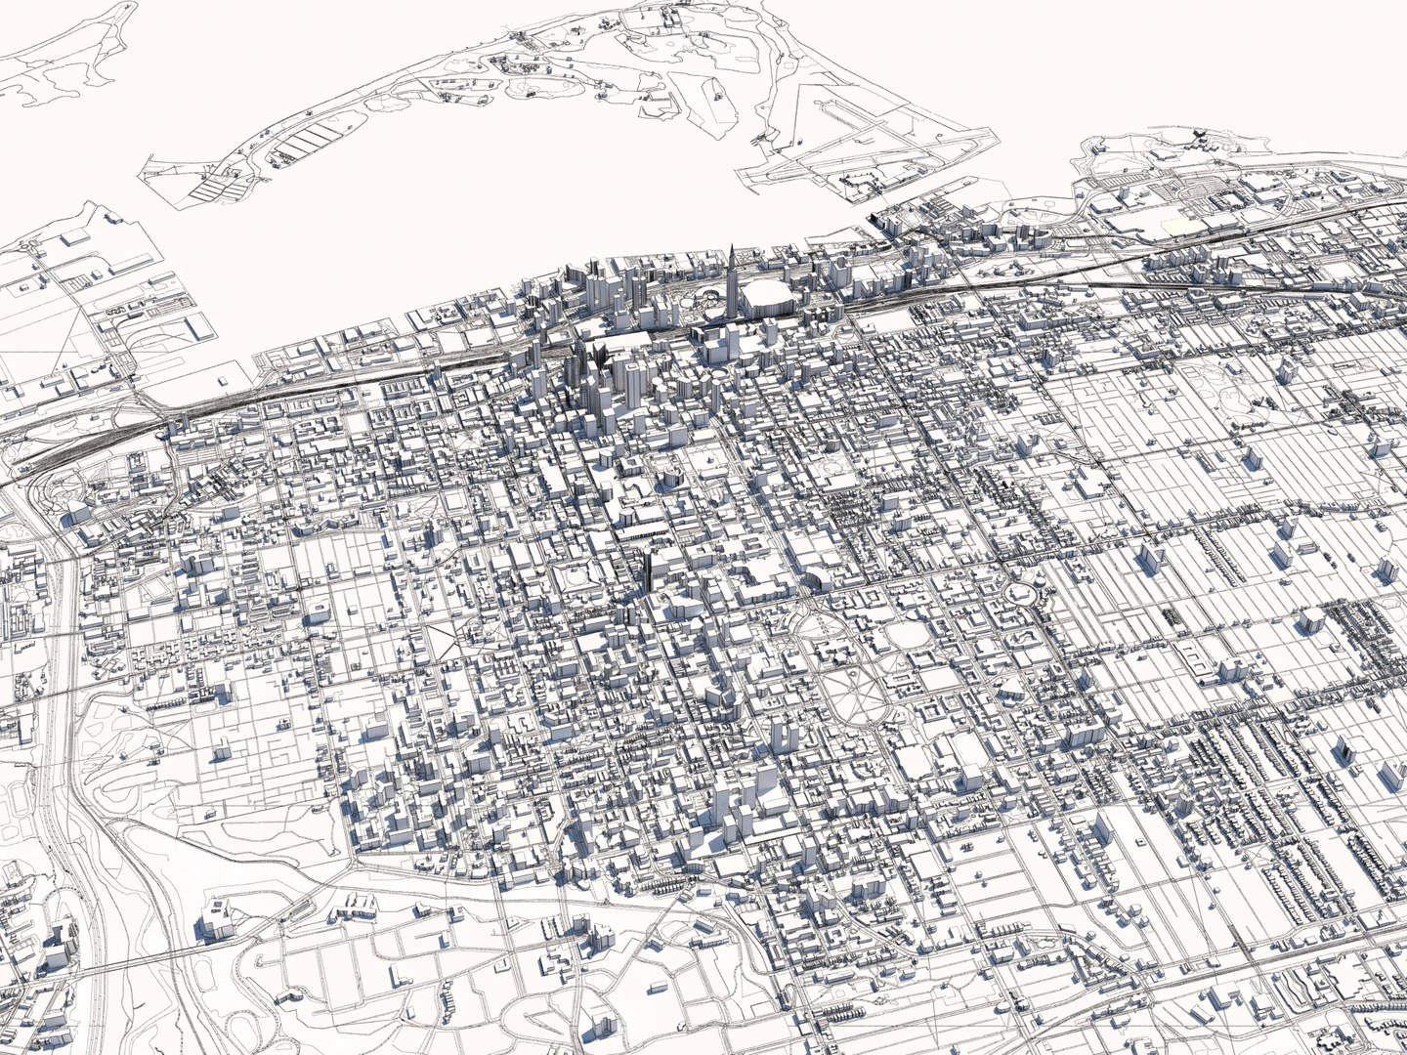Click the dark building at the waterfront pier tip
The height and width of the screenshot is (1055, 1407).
coord(875,221)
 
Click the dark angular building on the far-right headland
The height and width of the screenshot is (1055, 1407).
coord(1194,136)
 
